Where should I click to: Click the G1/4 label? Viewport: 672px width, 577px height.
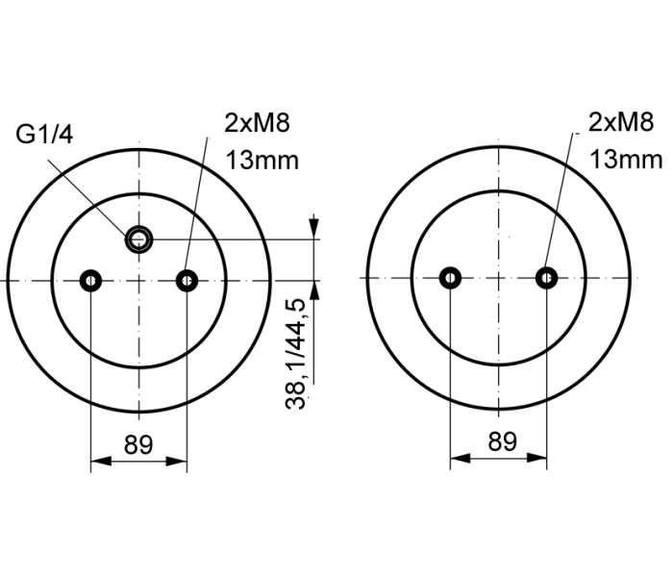tap(44, 135)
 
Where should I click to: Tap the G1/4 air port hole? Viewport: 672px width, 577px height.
tap(138, 239)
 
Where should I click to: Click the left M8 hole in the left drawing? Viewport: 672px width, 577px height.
tap(90, 281)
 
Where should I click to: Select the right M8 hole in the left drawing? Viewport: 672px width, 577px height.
tap(187, 281)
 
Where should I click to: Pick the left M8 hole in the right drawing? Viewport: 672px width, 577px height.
tap(451, 278)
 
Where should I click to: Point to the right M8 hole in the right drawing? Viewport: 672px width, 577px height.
tap(547, 278)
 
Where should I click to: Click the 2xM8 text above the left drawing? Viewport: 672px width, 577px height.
tap(257, 123)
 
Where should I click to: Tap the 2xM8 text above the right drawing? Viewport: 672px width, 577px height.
tap(621, 122)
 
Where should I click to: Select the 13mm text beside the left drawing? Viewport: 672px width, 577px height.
tap(261, 161)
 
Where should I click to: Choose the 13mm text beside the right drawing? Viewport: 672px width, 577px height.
tap(626, 160)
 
